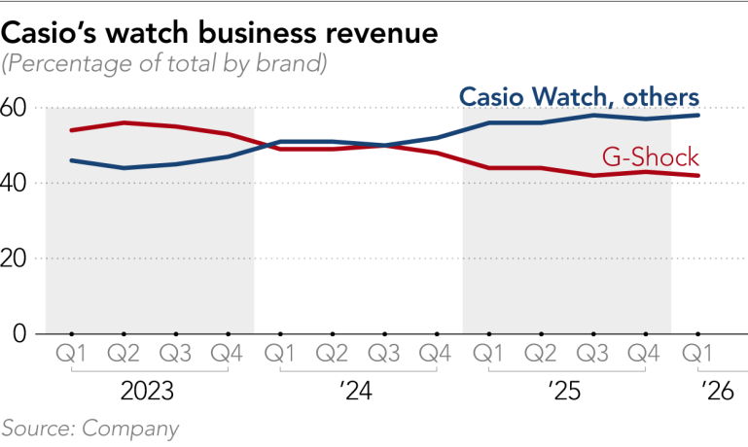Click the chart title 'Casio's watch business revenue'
(x=220, y=34)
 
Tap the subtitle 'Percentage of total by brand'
(x=164, y=64)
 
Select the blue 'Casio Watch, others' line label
(x=579, y=97)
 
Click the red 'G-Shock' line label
(x=650, y=156)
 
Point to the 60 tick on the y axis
(x=13, y=108)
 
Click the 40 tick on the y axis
(x=13, y=184)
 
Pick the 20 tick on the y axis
(x=13, y=258)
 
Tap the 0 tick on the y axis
(x=19, y=333)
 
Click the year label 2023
(x=147, y=392)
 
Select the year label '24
(x=356, y=392)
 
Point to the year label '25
(x=565, y=392)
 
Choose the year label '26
(x=717, y=392)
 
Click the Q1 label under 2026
(x=697, y=354)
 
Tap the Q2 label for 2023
(x=124, y=354)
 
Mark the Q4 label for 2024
(x=435, y=354)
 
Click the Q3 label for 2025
(x=592, y=354)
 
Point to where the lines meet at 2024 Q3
(x=384, y=146)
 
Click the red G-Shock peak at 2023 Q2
(x=124, y=122)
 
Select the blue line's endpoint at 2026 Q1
(x=698, y=115)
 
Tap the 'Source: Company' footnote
(x=89, y=429)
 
